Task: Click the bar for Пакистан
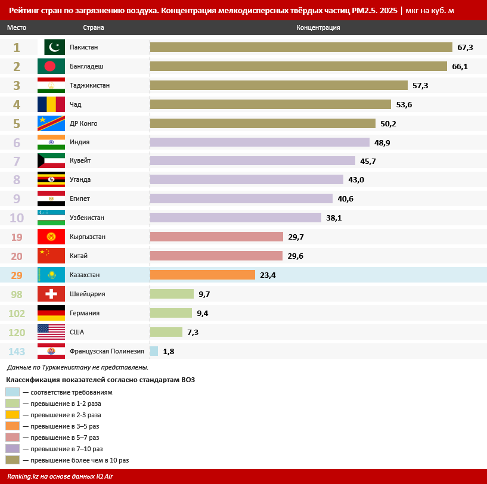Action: tap(301, 47)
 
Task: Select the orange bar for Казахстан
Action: tap(203, 275)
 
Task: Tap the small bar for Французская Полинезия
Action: tap(154, 351)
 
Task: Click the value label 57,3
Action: tap(420, 85)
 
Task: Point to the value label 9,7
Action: tap(204, 294)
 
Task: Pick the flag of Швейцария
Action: tap(51, 294)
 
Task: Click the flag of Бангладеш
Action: tap(51, 66)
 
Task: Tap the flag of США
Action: tap(51, 332)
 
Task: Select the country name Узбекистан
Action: tap(86, 218)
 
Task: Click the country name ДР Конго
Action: tap(83, 123)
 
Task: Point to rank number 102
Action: tap(17, 313)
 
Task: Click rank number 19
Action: tap(17, 237)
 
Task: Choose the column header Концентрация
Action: tap(318, 27)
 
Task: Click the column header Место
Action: tap(17, 27)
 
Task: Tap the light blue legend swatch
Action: tap(13, 392)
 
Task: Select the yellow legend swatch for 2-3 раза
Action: tap(13, 415)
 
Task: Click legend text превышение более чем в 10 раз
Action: tap(80, 460)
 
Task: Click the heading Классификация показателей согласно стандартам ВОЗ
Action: tap(101, 380)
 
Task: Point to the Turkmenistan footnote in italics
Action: tap(77, 367)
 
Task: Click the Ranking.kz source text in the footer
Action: tap(60, 476)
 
